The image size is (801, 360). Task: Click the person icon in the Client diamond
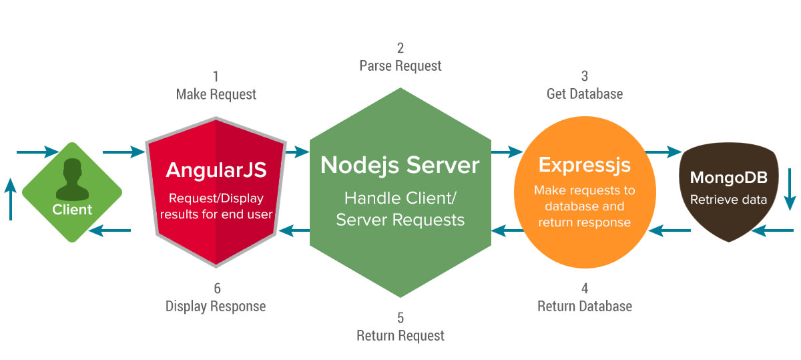pos(72,179)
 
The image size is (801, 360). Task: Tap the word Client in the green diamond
pos(72,210)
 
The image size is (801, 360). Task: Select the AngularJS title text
pos(216,170)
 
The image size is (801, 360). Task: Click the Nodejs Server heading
pos(400,166)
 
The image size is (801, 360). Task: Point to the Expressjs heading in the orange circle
pos(585,165)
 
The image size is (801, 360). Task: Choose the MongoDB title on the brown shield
pos(729,178)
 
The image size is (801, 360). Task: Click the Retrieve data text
pos(729,200)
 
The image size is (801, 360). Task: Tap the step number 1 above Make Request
pos(216,76)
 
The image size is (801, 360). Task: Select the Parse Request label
pos(400,66)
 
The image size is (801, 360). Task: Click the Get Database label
pos(585,94)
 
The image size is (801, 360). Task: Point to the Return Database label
pos(585,307)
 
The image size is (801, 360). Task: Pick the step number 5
pos(400,318)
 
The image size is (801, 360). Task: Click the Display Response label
pos(216,307)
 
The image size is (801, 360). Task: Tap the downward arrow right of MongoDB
pos(790,190)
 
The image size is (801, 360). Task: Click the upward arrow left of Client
pos(11,199)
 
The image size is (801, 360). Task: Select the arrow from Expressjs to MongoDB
pos(663,152)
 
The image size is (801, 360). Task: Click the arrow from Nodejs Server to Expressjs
pos(507,152)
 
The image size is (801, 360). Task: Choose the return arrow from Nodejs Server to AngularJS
pos(294,230)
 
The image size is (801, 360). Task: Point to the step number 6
pos(217,289)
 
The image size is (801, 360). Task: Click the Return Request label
pos(400,336)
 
